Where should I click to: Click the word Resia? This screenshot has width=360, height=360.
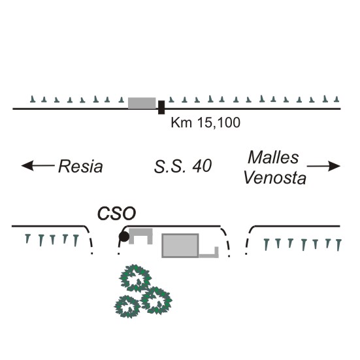click(x=80, y=166)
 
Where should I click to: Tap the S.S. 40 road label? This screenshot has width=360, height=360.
click(x=183, y=166)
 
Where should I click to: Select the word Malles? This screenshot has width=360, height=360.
click(x=273, y=157)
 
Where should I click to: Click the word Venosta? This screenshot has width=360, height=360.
click(x=275, y=178)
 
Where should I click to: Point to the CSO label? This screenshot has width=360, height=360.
click(x=117, y=214)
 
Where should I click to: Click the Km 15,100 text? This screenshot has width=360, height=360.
click(x=206, y=122)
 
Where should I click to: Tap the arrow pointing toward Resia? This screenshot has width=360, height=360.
click(x=38, y=165)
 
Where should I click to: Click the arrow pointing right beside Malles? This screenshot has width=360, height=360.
click(x=323, y=166)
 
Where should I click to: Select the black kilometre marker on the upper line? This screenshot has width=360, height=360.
click(x=161, y=107)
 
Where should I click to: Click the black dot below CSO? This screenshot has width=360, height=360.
click(x=124, y=237)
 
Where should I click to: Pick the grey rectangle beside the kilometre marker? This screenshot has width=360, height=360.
click(x=142, y=103)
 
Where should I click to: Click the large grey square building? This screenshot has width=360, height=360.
click(x=180, y=246)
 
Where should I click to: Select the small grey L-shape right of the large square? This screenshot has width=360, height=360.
click(x=216, y=252)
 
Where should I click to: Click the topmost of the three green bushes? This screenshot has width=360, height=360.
click(x=135, y=278)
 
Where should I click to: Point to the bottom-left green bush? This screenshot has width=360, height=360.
click(x=127, y=306)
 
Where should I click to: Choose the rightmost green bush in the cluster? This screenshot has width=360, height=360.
click(x=156, y=301)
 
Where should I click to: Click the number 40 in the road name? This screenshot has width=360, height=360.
click(x=202, y=166)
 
